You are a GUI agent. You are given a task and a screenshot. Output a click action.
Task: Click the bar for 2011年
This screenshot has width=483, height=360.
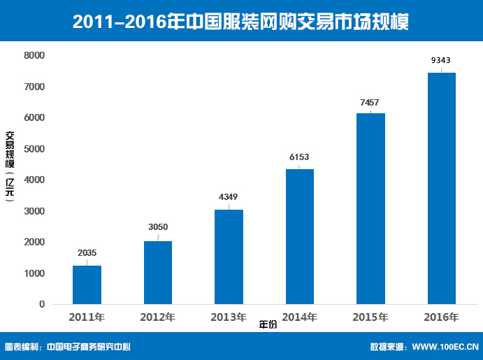87,285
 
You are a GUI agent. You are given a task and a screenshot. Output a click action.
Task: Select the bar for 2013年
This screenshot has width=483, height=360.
229,257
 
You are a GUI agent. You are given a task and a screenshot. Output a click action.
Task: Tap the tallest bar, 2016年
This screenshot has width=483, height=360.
441,188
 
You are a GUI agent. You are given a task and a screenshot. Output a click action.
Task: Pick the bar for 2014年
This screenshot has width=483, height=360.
299,236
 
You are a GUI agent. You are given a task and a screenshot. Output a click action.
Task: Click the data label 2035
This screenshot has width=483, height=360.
87,253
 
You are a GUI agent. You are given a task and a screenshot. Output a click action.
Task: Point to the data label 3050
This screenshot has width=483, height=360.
158,227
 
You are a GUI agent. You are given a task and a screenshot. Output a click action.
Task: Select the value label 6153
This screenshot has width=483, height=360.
299,157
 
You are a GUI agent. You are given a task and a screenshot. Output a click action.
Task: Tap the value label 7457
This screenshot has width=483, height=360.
370,102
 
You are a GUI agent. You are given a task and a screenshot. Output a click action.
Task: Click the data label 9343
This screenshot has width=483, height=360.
441,61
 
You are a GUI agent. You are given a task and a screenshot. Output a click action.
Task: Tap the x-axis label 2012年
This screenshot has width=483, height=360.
158,317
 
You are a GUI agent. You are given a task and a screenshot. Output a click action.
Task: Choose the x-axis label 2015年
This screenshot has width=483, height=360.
370,317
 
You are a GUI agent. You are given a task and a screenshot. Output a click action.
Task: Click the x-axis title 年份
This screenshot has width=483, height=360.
268,325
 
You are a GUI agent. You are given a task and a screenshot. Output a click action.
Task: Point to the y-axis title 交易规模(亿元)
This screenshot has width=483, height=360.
10,167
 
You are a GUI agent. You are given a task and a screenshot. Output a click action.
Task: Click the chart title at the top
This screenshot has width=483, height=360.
241,22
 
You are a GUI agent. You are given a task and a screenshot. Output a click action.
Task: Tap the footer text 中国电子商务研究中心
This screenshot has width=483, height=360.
89,346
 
